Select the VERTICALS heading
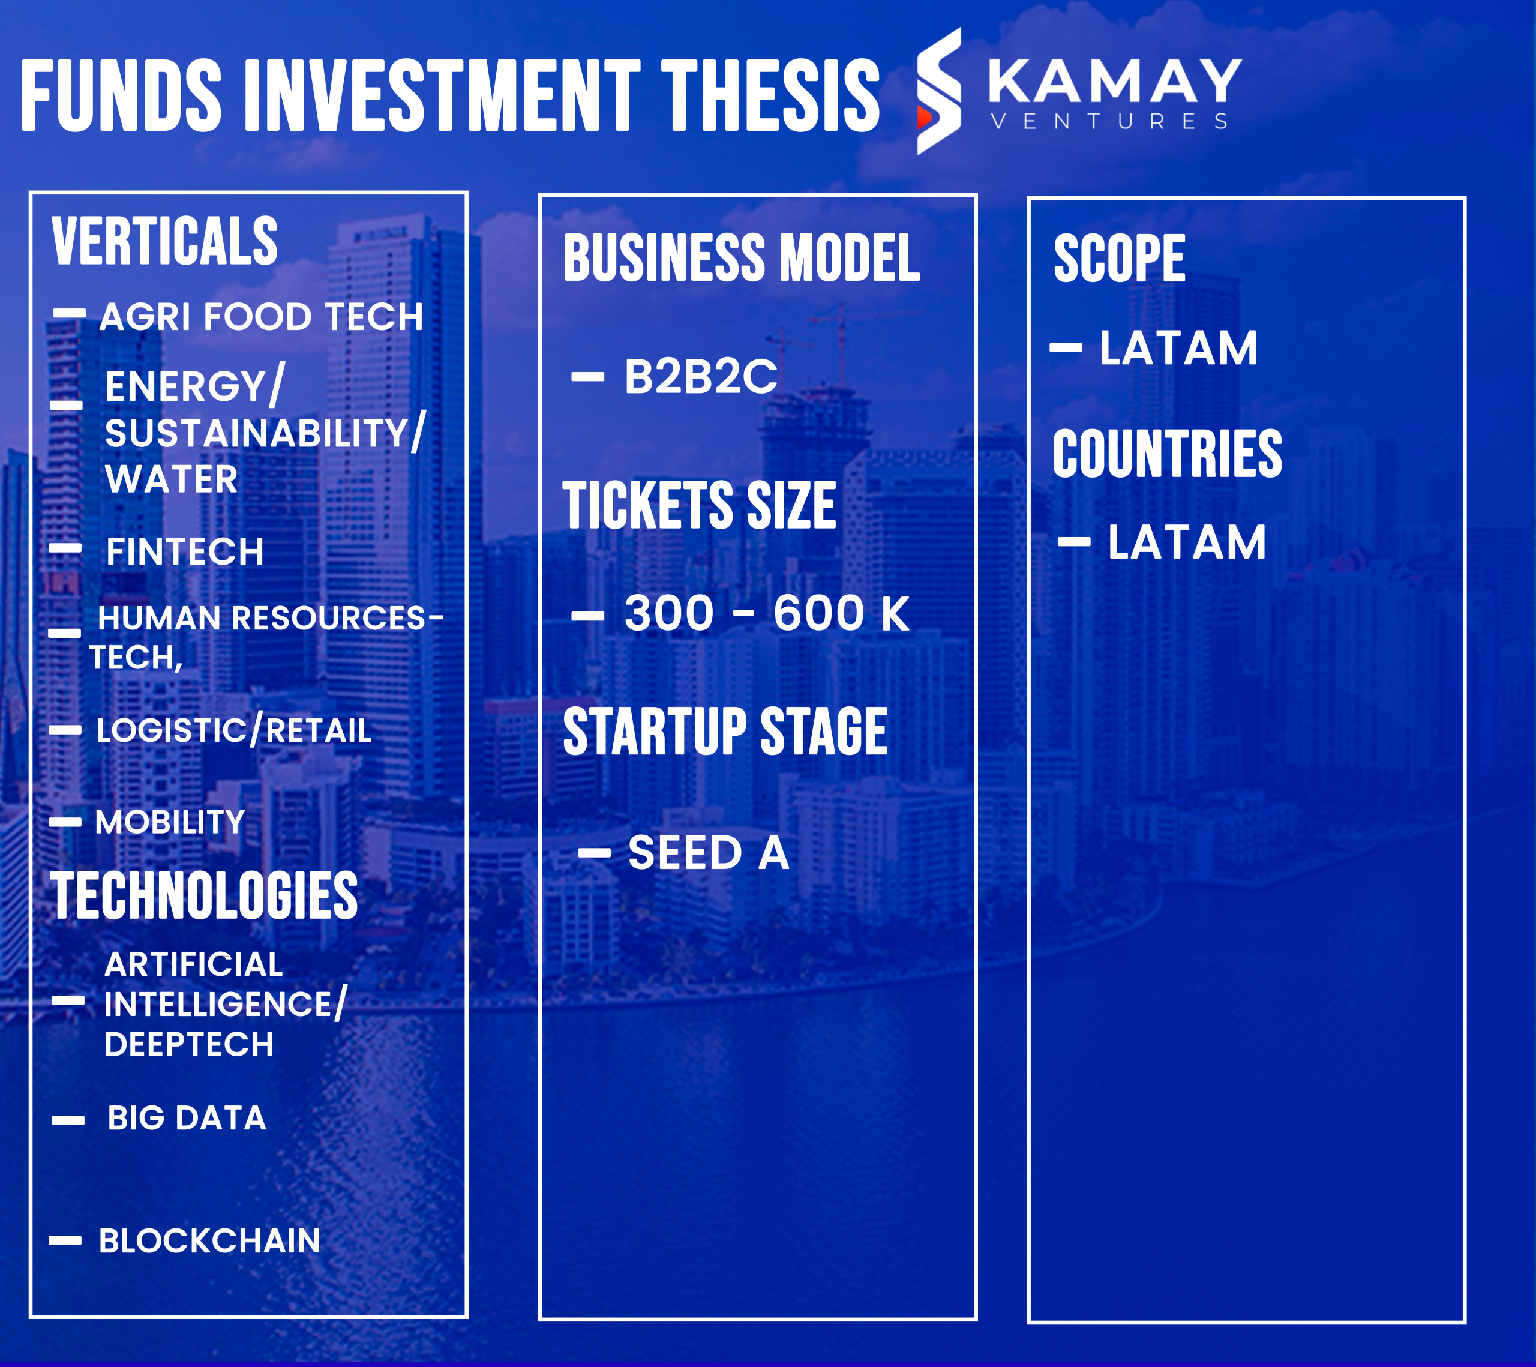pyautogui.click(x=164, y=241)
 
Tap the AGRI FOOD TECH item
pyautogui.click(x=262, y=316)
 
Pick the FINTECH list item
pyautogui.click(x=185, y=551)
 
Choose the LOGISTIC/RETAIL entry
pyautogui.click(x=234, y=730)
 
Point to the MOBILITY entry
pyautogui.click(x=170, y=822)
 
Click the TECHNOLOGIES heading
pyautogui.click(x=203, y=895)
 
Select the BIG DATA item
pyautogui.click(x=187, y=1118)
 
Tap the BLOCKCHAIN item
pyautogui.click(x=209, y=1241)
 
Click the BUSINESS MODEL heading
pyautogui.click(x=742, y=258)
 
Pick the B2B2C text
pyautogui.click(x=700, y=376)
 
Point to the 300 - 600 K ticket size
pyautogui.click(x=766, y=613)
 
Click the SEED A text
pyautogui.click(x=709, y=852)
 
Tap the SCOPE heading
pyautogui.click(x=1119, y=259)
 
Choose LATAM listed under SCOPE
pyautogui.click(x=1178, y=348)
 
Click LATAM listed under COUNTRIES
pyautogui.click(x=1187, y=542)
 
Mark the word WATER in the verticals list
pyautogui.click(x=172, y=479)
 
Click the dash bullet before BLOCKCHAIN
pyautogui.click(x=65, y=1241)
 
